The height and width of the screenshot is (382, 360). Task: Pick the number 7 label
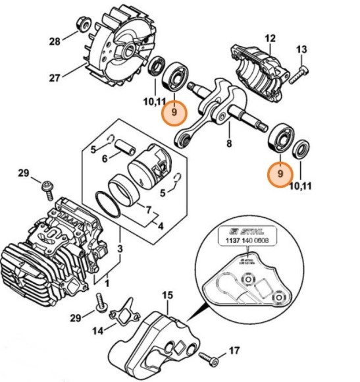click(x=148, y=210)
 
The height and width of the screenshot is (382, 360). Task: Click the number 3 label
click(x=120, y=248)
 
